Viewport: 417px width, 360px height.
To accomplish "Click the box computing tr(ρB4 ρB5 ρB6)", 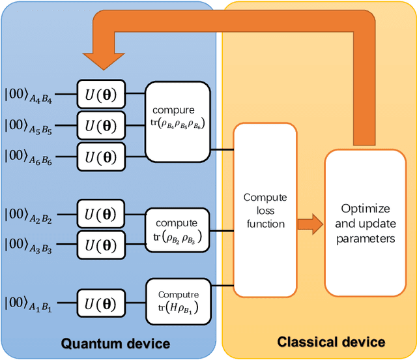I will (178, 122).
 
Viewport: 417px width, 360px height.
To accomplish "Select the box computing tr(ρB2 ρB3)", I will (178, 229).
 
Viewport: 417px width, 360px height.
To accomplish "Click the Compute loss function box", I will (265, 210).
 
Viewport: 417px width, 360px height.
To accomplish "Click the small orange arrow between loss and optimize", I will (310, 224).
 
